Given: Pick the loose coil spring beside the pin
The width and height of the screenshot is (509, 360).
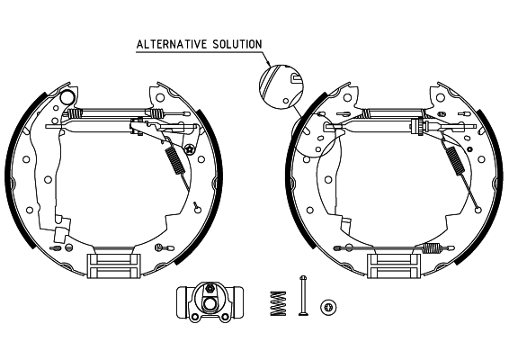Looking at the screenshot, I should pos(277,301).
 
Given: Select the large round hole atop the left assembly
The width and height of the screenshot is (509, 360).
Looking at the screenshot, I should pos(67,96).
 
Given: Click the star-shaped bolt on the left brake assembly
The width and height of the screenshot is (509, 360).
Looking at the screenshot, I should pos(190,149).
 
